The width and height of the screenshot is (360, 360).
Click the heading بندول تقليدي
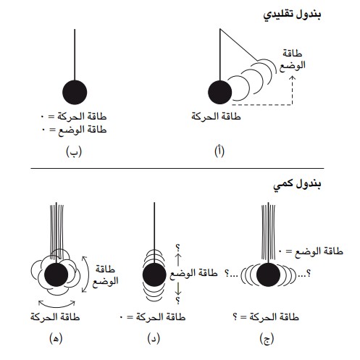point(292,15)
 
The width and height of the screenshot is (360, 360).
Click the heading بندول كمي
point(297,184)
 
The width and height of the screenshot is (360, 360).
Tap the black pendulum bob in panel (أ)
point(219,92)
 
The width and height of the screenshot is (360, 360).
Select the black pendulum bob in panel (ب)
point(75,92)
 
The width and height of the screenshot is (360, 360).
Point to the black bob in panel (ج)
point(268,275)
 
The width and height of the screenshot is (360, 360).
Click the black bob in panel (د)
point(154,275)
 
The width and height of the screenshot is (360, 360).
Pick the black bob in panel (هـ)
point(56,275)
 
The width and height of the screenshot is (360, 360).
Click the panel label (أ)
point(219,151)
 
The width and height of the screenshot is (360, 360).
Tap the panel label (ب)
point(74,151)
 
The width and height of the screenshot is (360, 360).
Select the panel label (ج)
point(267,338)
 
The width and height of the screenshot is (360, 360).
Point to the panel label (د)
point(154,338)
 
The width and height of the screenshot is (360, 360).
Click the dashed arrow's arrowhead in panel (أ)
point(292,78)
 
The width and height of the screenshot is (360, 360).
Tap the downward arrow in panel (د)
point(178,289)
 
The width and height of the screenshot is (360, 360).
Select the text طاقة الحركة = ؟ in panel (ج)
point(266,317)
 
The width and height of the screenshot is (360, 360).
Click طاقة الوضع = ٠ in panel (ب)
point(74,130)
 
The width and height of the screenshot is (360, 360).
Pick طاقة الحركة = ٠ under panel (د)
point(153,317)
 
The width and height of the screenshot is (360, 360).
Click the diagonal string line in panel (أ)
point(238,45)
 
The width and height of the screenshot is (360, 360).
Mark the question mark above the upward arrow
point(178,248)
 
